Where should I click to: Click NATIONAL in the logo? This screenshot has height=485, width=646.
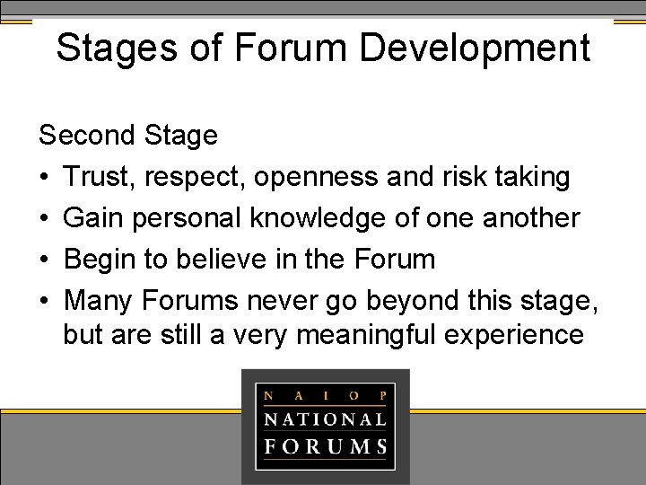pos(325,419)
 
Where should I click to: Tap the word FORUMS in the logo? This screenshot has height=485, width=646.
pos(325,446)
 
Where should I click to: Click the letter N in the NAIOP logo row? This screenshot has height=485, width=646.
pos(267,393)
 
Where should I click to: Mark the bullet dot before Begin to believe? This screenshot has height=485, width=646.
pos(45,260)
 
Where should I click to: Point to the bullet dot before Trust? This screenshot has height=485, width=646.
pos(45,178)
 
